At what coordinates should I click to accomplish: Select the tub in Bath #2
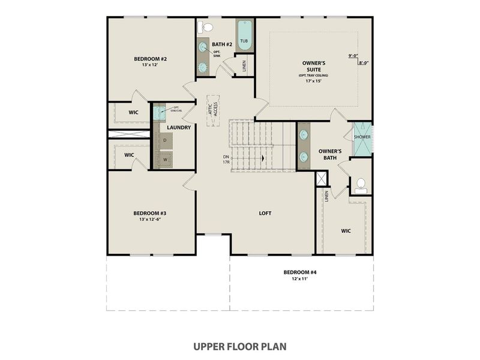[x=244, y=35]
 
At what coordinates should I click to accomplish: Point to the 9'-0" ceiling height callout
[x=353, y=56]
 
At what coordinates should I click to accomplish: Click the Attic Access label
[x=211, y=110]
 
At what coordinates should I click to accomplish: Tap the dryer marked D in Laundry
[x=164, y=140]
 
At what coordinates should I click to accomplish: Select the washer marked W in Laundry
[x=164, y=160]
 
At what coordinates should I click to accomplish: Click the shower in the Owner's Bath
[x=362, y=137]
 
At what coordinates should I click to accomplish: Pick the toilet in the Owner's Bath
[x=361, y=184]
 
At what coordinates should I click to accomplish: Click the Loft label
[x=266, y=213]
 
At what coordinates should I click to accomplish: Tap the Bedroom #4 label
[x=300, y=272]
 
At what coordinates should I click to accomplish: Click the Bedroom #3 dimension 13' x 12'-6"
[x=150, y=220]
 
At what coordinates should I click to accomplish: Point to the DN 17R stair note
[x=226, y=160]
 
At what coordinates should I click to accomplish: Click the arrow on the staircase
[x=262, y=158]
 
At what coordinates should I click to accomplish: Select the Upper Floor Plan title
[x=239, y=346]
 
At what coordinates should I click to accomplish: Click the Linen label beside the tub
[x=244, y=66]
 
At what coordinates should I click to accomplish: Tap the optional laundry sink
[x=158, y=111]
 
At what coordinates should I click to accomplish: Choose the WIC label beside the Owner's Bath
[x=346, y=230]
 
